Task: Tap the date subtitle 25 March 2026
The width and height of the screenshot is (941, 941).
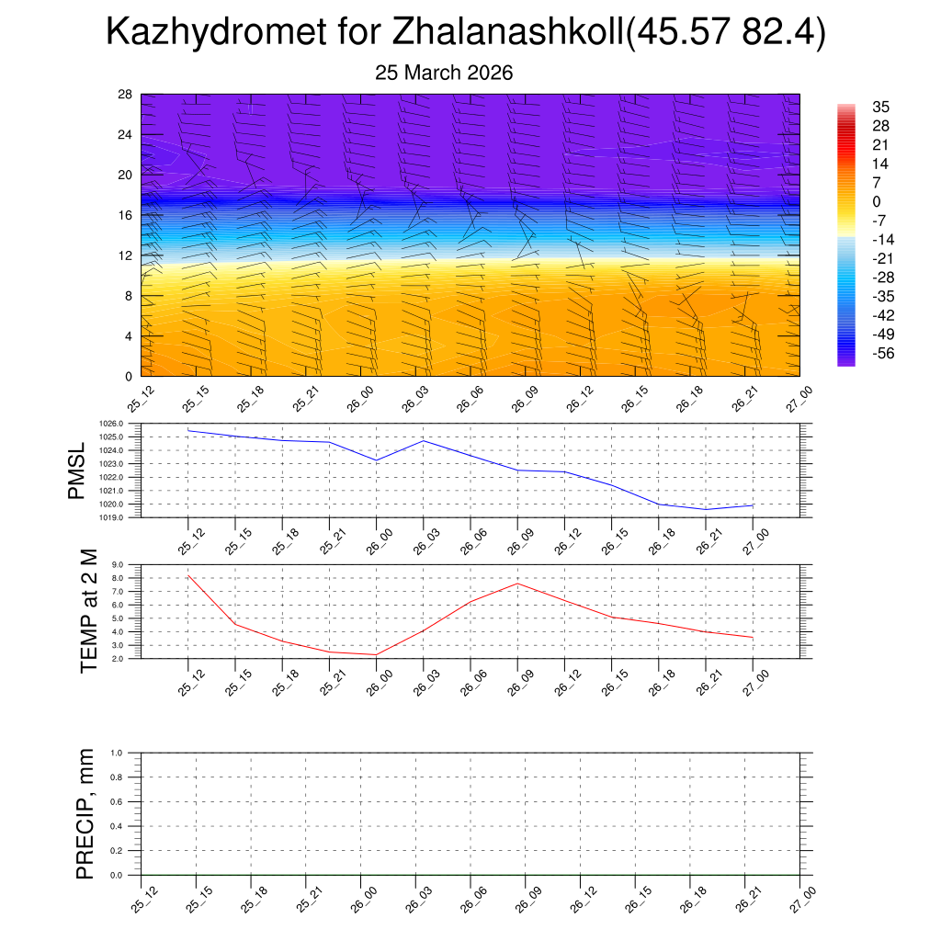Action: click(444, 73)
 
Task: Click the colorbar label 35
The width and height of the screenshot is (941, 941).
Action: click(880, 107)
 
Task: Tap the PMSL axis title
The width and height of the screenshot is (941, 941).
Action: click(79, 470)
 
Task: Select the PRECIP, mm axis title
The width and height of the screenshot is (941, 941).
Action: click(85, 813)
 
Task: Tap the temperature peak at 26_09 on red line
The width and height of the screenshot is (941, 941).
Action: click(517, 584)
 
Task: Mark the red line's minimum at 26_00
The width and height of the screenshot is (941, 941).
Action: click(376, 654)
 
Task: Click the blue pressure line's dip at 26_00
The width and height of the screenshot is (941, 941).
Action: click(376, 460)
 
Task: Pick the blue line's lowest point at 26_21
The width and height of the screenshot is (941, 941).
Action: click(706, 509)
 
